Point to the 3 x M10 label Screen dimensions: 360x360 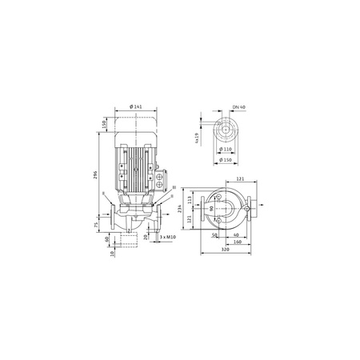[x=166, y=238]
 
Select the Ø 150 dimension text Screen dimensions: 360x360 [x=227, y=161]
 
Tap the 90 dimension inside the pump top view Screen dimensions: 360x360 [x=212, y=210]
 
